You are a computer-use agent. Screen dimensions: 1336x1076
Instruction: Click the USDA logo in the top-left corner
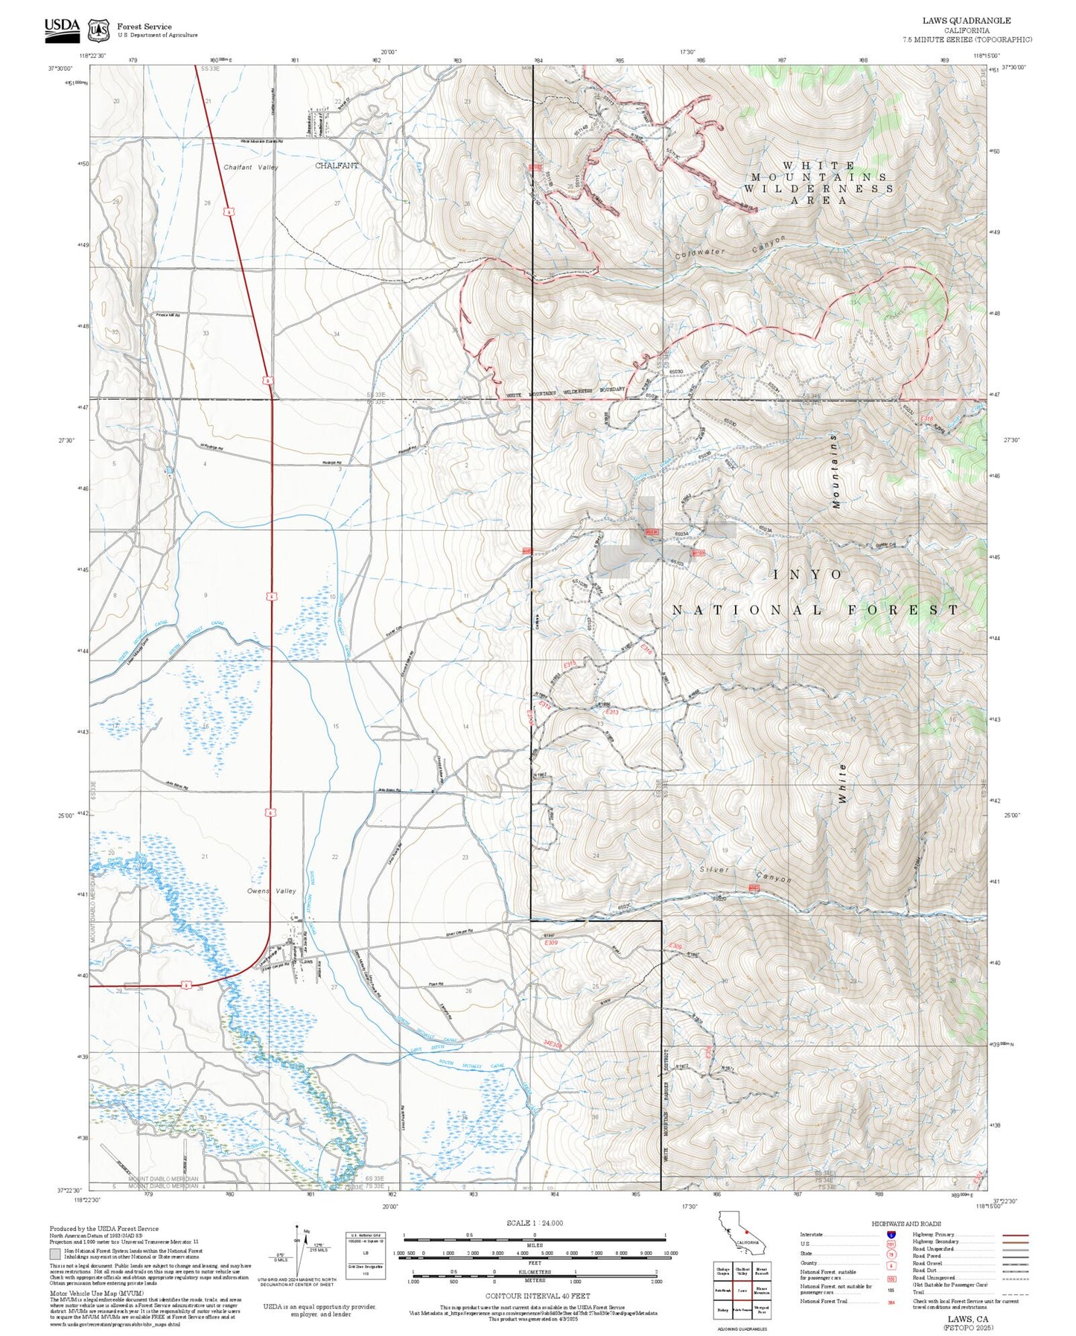coord(62,27)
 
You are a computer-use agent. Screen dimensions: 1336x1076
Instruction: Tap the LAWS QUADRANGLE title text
coord(967,20)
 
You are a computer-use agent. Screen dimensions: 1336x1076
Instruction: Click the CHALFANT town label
coord(337,165)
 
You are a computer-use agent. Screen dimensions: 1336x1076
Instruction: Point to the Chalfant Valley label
coord(251,168)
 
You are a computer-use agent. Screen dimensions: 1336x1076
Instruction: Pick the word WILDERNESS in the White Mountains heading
coord(818,188)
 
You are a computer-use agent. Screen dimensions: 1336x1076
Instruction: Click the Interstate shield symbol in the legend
coord(891,1234)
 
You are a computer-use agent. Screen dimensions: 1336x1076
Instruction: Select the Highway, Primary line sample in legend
coord(1016,1234)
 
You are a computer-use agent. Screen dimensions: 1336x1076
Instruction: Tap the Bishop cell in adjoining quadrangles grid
coord(723,1309)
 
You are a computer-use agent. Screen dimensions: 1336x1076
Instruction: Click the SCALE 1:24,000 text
coord(534,1223)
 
